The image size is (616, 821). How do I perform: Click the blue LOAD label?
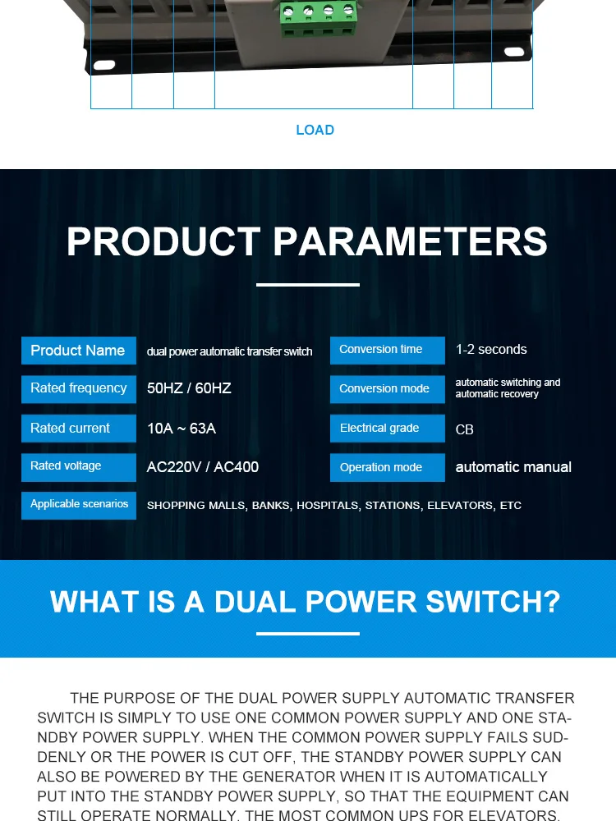[315, 130]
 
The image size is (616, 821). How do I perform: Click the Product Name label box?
[78, 351]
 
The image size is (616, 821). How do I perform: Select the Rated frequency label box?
[78, 388]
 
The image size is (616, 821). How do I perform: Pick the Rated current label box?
[78, 428]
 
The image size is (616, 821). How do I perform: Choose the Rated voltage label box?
[78, 466]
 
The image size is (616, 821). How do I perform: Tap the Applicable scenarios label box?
[79, 504]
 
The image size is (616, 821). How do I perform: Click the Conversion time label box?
[387, 350]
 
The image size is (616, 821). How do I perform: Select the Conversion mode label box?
[387, 388]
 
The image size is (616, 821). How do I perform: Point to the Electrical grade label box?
[387, 428]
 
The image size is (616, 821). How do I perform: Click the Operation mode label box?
[387, 467]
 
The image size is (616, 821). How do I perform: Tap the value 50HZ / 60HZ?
[189, 388]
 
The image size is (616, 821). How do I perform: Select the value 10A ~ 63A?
[182, 429]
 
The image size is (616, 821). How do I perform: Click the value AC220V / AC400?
[203, 467]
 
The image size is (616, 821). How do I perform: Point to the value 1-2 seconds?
[491, 350]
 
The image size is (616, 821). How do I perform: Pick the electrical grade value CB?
[465, 429]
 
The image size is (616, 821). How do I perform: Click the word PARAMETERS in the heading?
[410, 242]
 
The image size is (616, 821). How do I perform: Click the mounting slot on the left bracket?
[104, 64]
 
